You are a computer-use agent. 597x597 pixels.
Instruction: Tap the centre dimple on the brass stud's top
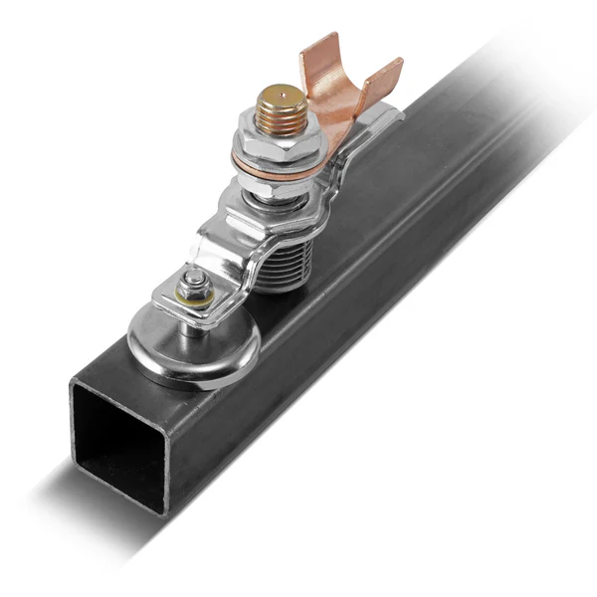pyautogui.click(x=280, y=97)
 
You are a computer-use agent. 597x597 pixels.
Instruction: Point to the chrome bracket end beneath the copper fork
pyautogui.click(x=383, y=116)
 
